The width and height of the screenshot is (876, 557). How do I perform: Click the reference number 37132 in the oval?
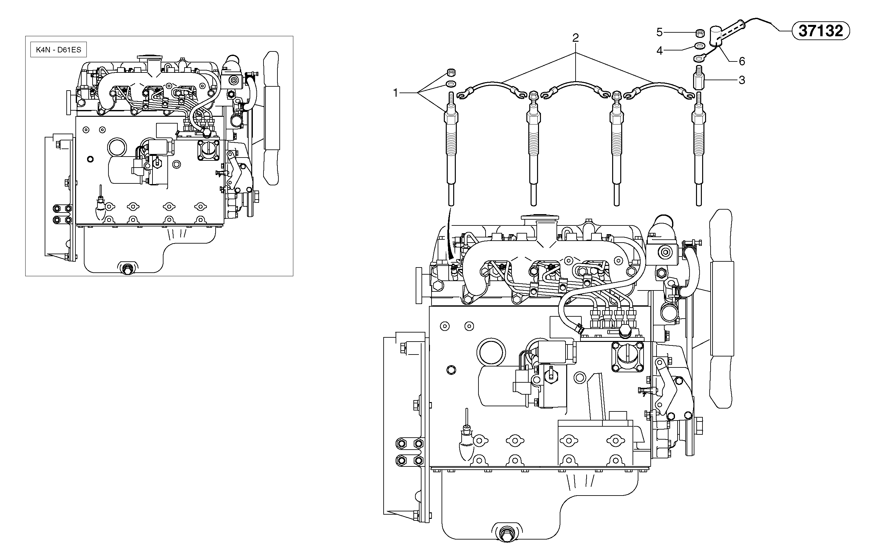[x=820, y=31]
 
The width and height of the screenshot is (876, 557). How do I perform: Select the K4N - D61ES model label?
[x=59, y=50]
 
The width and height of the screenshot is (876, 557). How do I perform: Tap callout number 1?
[x=396, y=93]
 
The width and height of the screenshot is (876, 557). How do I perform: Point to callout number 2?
[x=576, y=38]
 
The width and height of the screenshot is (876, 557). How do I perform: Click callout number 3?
[x=742, y=80]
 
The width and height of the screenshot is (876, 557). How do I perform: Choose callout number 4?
[x=659, y=51]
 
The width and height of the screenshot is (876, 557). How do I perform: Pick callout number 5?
[x=659, y=32]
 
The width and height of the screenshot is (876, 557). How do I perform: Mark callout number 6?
[x=742, y=61]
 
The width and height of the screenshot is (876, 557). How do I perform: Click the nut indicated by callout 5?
[x=699, y=33]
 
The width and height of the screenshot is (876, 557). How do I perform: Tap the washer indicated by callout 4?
[x=699, y=46]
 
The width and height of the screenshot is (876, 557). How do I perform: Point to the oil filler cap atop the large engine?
[x=540, y=219]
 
